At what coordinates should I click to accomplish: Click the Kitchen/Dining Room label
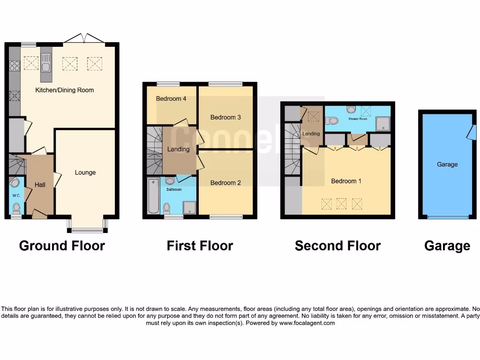(65, 90)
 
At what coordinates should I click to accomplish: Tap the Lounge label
(85, 172)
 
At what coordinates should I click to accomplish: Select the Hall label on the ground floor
(40, 185)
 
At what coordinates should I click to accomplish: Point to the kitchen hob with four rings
(14, 66)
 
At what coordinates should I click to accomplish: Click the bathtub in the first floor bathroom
(153, 196)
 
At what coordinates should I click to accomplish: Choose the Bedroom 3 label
(225, 117)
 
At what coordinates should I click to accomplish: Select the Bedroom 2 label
(225, 183)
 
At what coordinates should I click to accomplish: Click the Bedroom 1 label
(346, 181)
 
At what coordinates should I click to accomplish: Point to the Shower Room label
(358, 119)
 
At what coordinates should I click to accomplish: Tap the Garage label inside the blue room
(447, 165)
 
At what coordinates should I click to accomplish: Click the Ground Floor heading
(62, 246)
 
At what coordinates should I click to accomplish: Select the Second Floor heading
(337, 246)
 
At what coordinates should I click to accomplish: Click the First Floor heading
(200, 246)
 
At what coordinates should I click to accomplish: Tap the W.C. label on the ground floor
(15, 195)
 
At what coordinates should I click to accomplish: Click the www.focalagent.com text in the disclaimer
(307, 323)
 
